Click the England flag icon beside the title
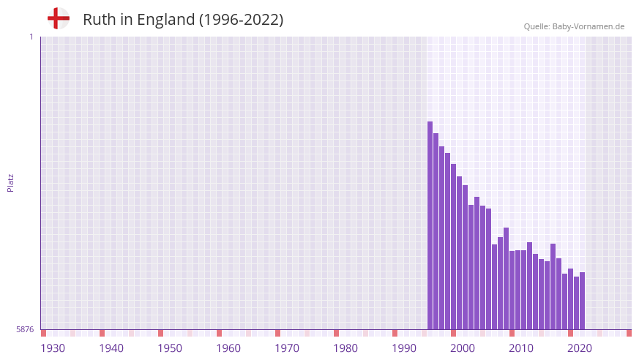(x=59, y=18)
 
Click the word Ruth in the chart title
(x=98, y=20)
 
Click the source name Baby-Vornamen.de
(x=588, y=26)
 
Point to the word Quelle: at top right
(x=537, y=26)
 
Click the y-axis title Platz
(x=10, y=182)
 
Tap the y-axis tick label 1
(x=31, y=37)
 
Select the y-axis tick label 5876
(x=25, y=330)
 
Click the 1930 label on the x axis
(x=53, y=348)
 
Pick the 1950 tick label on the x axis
(x=170, y=348)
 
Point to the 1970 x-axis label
(x=287, y=348)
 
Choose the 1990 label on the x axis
(x=404, y=348)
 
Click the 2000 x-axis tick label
(x=463, y=348)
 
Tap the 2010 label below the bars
(x=521, y=348)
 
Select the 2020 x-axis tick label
(x=580, y=348)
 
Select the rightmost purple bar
(x=582, y=301)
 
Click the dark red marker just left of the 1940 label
(x=102, y=333)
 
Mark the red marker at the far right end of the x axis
(x=629, y=333)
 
